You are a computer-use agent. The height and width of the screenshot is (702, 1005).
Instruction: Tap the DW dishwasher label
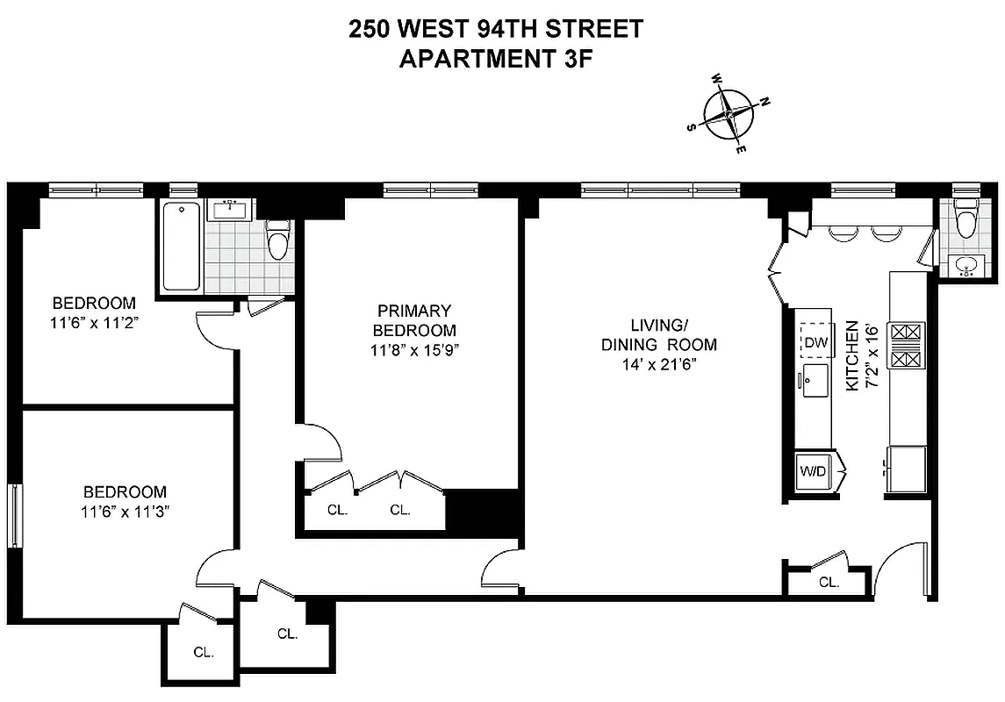(815, 342)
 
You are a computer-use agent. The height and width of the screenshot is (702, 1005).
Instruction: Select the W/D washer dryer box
(813, 471)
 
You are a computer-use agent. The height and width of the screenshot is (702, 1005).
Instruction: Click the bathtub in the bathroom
(182, 247)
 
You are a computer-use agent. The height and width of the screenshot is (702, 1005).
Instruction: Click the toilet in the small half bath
(966, 219)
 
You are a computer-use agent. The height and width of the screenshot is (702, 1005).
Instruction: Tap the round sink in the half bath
(967, 265)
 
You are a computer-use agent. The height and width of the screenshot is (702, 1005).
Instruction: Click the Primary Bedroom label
(414, 320)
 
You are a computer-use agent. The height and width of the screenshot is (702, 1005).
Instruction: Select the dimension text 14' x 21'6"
(658, 364)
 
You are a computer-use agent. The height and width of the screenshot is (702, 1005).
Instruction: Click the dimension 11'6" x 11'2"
(94, 322)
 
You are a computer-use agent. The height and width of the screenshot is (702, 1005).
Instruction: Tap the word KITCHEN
(851, 355)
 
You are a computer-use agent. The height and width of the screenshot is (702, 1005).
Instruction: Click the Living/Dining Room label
(658, 333)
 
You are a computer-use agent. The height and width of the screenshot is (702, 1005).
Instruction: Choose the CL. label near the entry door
(829, 582)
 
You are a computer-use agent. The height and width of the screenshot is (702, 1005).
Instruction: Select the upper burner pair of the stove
(906, 333)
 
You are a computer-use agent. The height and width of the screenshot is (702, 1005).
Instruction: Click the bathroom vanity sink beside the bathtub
(231, 210)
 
